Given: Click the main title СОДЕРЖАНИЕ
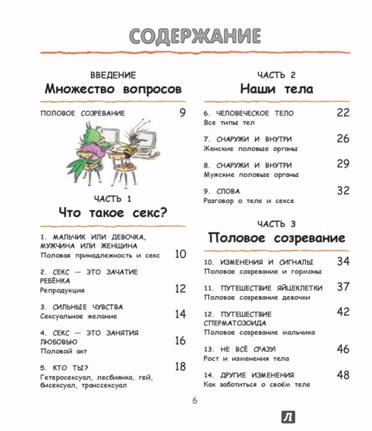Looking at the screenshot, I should coord(186,36).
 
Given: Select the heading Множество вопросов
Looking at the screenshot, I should coord(113,89).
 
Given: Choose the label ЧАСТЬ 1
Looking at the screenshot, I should coord(113,198).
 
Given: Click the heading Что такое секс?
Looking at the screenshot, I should coord(113,214).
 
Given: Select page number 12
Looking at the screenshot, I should coord(180,288).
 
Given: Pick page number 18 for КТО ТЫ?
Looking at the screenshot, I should coord(180,366).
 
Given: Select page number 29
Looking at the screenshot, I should coord(344,164).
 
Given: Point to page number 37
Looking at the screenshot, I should coord(344,286).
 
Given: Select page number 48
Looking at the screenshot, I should coord(344,374).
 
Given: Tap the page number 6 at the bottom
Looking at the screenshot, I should coord(193,402).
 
